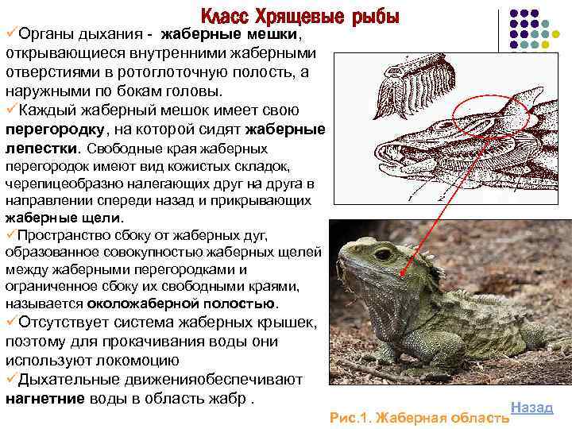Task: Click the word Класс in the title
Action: pyautogui.click(x=225, y=16)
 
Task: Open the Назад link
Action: pyautogui.click(x=531, y=407)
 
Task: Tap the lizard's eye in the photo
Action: pyautogui.click(x=382, y=255)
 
